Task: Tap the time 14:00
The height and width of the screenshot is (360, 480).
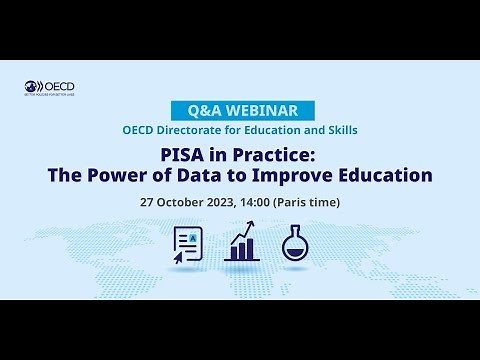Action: [264, 202]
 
